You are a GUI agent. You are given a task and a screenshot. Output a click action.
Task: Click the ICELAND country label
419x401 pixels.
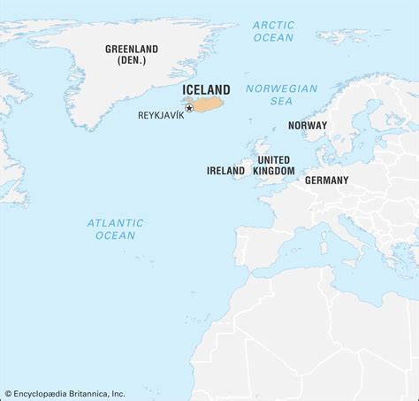click(x=206, y=89)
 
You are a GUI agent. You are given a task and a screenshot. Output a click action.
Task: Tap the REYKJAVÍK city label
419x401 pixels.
click(x=160, y=115)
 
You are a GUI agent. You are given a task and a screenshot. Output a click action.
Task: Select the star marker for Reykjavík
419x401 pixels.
click(x=189, y=108)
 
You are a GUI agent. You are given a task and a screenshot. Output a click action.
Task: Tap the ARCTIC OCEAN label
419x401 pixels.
click(x=273, y=32)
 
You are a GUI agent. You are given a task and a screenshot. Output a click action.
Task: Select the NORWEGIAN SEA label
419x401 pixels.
click(x=281, y=96)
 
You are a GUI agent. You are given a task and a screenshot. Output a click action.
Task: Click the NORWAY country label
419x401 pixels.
click(x=308, y=126)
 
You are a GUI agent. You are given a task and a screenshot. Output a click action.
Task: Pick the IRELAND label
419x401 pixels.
click(x=225, y=170)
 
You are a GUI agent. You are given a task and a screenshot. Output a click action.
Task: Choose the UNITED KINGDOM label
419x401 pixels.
click(x=274, y=164)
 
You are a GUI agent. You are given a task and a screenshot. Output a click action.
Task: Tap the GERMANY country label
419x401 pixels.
click(x=326, y=180)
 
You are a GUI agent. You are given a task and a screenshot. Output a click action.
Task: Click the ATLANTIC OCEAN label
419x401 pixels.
click(x=115, y=229)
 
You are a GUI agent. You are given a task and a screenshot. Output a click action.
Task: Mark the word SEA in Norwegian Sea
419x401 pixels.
click(x=280, y=103)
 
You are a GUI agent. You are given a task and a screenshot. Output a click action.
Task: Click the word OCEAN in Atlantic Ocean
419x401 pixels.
click(x=115, y=235)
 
